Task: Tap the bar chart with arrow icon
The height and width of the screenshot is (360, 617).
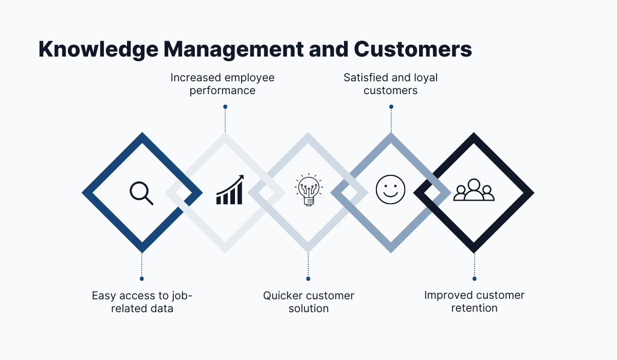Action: click(230, 190)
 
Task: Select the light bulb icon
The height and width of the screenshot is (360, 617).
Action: click(308, 190)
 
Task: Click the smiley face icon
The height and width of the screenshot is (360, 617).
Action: click(391, 189)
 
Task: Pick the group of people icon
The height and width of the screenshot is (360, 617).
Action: click(474, 190)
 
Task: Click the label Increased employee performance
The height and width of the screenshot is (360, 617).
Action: click(223, 84)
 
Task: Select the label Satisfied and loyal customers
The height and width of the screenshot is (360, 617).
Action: click(391, 84)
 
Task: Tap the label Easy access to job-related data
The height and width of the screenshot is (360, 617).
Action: click(141, 302)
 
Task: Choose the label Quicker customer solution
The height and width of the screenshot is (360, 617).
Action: click(308, 302)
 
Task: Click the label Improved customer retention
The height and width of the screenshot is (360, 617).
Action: click(474, 301)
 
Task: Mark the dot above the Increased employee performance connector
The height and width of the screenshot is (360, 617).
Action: click(225, 107)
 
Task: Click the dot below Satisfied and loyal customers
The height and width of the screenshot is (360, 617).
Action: click(391, 107)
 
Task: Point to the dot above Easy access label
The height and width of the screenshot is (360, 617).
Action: click(141, 279)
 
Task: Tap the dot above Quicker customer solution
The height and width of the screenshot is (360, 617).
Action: click(308, 279)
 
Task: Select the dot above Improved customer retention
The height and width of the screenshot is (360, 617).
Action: click(474, 279)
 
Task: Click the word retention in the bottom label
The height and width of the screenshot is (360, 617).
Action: click(474, 308)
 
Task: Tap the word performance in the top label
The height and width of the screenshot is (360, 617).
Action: click(223, 91)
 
